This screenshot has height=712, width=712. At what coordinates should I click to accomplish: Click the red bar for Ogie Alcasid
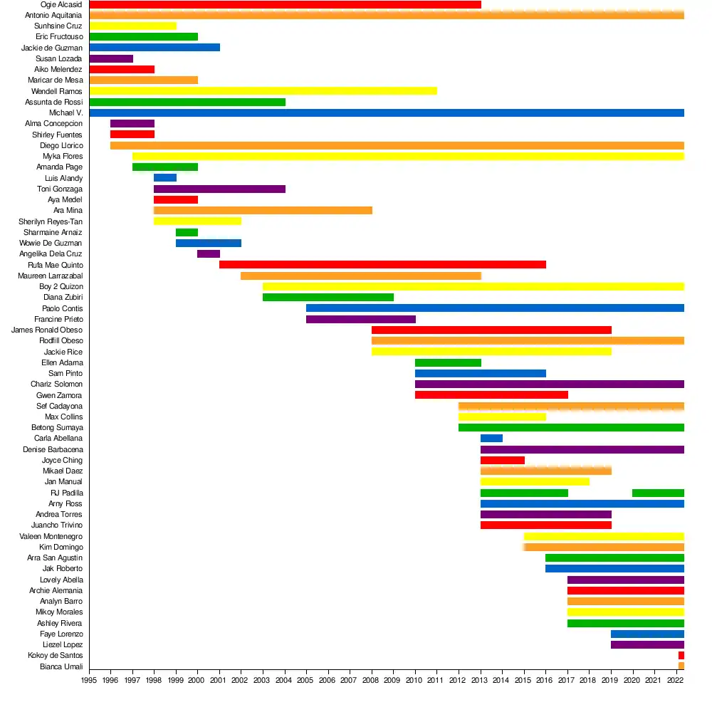(285, 4)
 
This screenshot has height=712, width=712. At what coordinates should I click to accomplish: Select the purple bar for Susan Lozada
(111, 58)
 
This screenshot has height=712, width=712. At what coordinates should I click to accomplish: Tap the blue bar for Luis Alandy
(165, 178)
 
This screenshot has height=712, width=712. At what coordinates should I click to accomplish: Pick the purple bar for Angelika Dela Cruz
(209, 254)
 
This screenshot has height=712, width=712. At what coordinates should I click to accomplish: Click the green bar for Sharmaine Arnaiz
(187, 232)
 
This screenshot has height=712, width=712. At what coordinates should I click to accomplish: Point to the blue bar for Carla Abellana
(491, 439)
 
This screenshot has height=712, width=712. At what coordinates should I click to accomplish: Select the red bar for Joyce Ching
(502, 461)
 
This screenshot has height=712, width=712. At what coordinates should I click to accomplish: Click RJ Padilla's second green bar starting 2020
(658, 493)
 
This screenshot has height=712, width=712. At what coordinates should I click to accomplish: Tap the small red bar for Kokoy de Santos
(681, 656)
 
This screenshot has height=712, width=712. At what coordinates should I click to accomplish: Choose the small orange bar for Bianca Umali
(681, 666)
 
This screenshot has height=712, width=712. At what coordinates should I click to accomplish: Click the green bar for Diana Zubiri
(328, 298)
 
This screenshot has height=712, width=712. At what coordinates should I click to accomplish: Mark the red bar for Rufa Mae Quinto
(382, 265)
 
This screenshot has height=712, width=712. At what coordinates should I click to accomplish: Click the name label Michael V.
(66, 112)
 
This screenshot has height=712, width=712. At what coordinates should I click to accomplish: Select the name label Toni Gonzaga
(60, 189)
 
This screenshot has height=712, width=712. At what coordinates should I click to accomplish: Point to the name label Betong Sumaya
(57, 428)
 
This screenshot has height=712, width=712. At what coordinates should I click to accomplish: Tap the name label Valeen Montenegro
(51, 536)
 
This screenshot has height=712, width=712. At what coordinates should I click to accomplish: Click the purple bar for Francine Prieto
(360, 319)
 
